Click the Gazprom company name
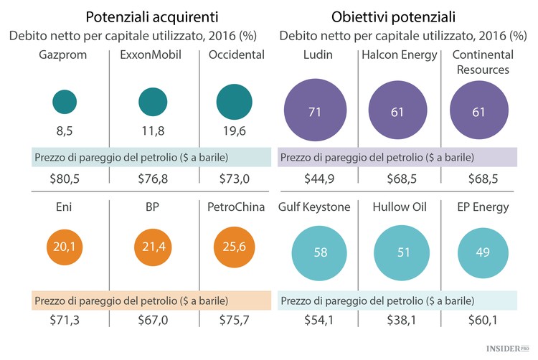pos(65,55)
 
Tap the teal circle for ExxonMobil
pos(152,103)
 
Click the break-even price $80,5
pos(65,177)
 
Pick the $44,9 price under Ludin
pos(313,177)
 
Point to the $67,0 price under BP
pos(152,321)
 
